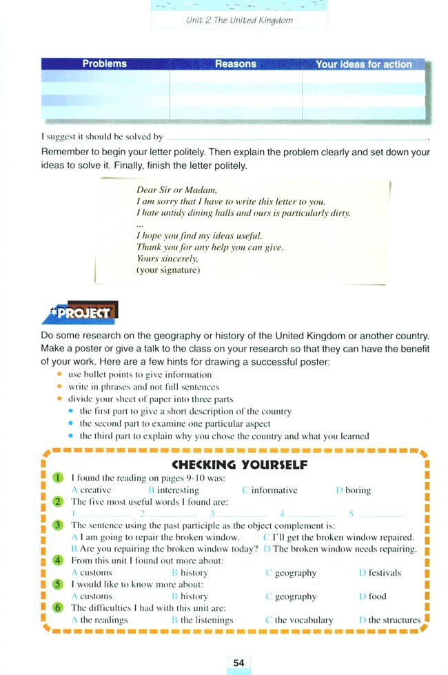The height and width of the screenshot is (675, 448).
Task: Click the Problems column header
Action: pyautogui.click(x=105, y=64)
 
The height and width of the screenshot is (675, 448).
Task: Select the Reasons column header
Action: pyautogui.click(x=235, y=64)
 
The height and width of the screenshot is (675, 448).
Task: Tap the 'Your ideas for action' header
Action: pyautogui.click(x=363, y=65)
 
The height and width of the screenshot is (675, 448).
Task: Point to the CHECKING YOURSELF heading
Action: pyautogui.click(x=239, y=464)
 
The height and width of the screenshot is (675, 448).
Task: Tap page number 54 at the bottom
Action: pyautogui.click(x=238, y=663)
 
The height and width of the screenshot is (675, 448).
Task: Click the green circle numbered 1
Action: pyautogui.click(x=59, y=477)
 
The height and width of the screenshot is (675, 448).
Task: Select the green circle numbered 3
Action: pyautogui.click(x=59, y=525)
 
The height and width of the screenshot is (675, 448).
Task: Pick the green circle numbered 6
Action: pyautogui.click(x=59, y=607)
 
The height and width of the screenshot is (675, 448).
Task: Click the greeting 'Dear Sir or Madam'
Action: pyautogui.click(x=177, y=190)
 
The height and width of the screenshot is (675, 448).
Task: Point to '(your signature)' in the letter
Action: pyautogui.click(x=168, y=270)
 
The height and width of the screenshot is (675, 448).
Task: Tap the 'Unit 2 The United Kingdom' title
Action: pyautogui.click(x=239, y=20)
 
